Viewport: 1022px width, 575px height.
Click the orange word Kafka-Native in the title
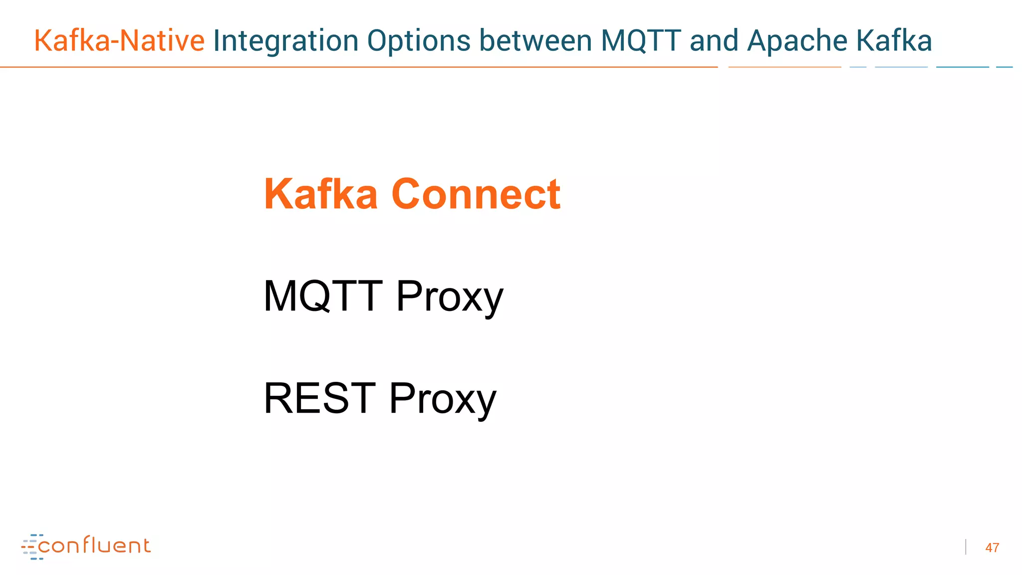pos(119,41)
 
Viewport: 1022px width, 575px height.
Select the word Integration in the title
pos(285,41)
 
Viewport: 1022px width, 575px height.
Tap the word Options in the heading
pos(419,41)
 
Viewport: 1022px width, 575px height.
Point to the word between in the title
pos(535,41)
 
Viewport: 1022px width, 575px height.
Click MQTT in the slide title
pos(641,41)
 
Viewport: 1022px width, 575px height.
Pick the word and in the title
pos(714,41)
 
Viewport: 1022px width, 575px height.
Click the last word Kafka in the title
pos(894,41)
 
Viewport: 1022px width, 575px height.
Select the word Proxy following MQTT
pos(450,297)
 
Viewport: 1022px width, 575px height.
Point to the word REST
pos(319,398)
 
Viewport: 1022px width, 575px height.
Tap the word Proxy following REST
pos(443,399)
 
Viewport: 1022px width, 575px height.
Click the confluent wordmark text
pos(94,546)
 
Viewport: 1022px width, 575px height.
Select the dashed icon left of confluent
pos(31,547)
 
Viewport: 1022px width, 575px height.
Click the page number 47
pos(992,548)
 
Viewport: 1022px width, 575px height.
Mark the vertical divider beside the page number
pos(966,547)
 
